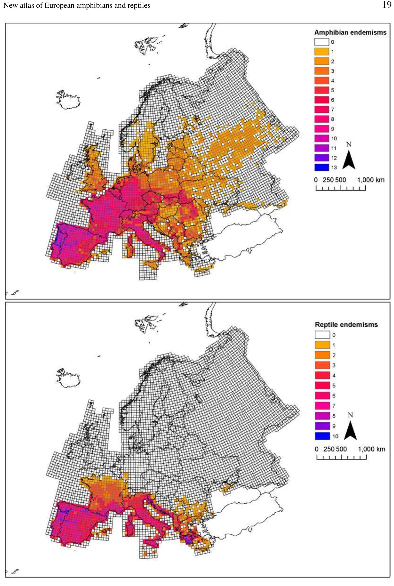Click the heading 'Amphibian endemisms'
350,32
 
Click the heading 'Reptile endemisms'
346,325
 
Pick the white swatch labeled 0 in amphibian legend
322,42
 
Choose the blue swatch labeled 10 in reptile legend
322,436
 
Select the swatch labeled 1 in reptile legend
322,345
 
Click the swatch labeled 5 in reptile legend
322,385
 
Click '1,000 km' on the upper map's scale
371,180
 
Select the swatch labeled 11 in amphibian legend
322,148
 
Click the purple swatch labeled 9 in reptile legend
322,426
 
